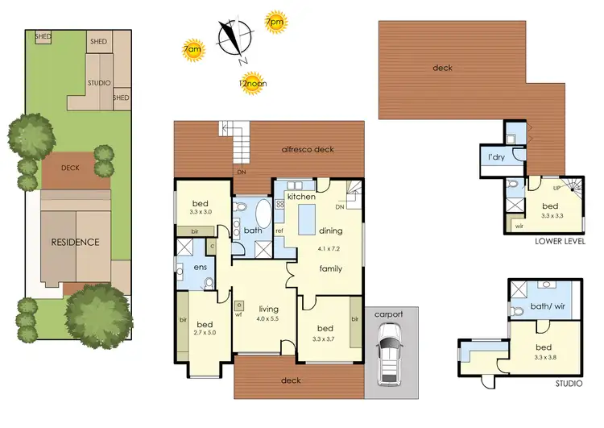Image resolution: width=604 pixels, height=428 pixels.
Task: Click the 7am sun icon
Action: click(x=194, y=51)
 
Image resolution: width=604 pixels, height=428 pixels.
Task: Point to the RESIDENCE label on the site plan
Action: click(x=76, y=242)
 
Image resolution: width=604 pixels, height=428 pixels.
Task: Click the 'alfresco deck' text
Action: click(x=307, y=150)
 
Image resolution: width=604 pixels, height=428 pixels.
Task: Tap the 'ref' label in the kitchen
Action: click(x=279, y=231)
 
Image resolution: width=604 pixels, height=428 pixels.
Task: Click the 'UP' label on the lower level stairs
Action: click(x=556, y=188)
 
